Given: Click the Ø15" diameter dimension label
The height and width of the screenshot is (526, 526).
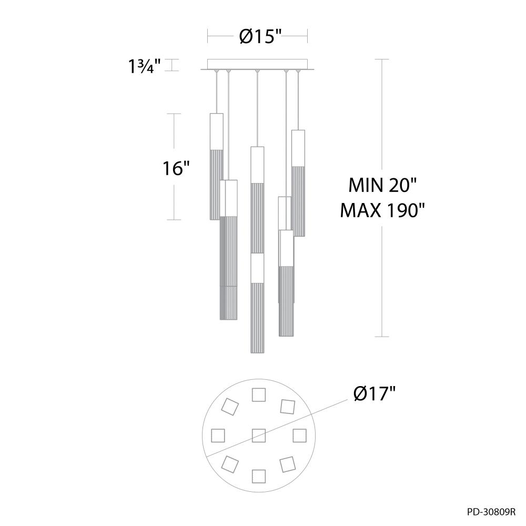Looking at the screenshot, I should [257, 36].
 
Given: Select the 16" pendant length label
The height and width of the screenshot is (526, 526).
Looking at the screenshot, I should [175, 169].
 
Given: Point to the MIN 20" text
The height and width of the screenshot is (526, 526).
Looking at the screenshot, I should [382, 186].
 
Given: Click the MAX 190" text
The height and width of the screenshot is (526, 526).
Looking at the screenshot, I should [382, 210].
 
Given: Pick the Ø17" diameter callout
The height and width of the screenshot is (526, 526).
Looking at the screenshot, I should [374, 393].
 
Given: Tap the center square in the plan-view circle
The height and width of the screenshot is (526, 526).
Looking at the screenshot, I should [258, 435].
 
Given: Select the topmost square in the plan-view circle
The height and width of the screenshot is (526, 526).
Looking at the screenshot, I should [258, 394].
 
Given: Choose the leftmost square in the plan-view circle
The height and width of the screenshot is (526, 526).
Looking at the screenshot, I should [218, 435].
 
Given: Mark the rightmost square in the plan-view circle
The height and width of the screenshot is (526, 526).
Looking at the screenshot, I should [299, 435].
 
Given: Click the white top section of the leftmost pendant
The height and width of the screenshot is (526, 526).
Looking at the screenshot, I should [216, 131].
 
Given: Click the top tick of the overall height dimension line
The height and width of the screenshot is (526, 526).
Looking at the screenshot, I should [381, 59].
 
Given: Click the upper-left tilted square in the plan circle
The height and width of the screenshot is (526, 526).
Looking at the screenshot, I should [230, 406].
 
